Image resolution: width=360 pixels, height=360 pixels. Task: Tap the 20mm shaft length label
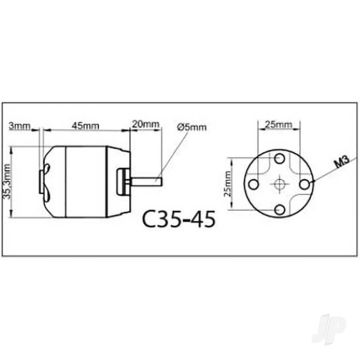pyautogui.click(x=145, y=125)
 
